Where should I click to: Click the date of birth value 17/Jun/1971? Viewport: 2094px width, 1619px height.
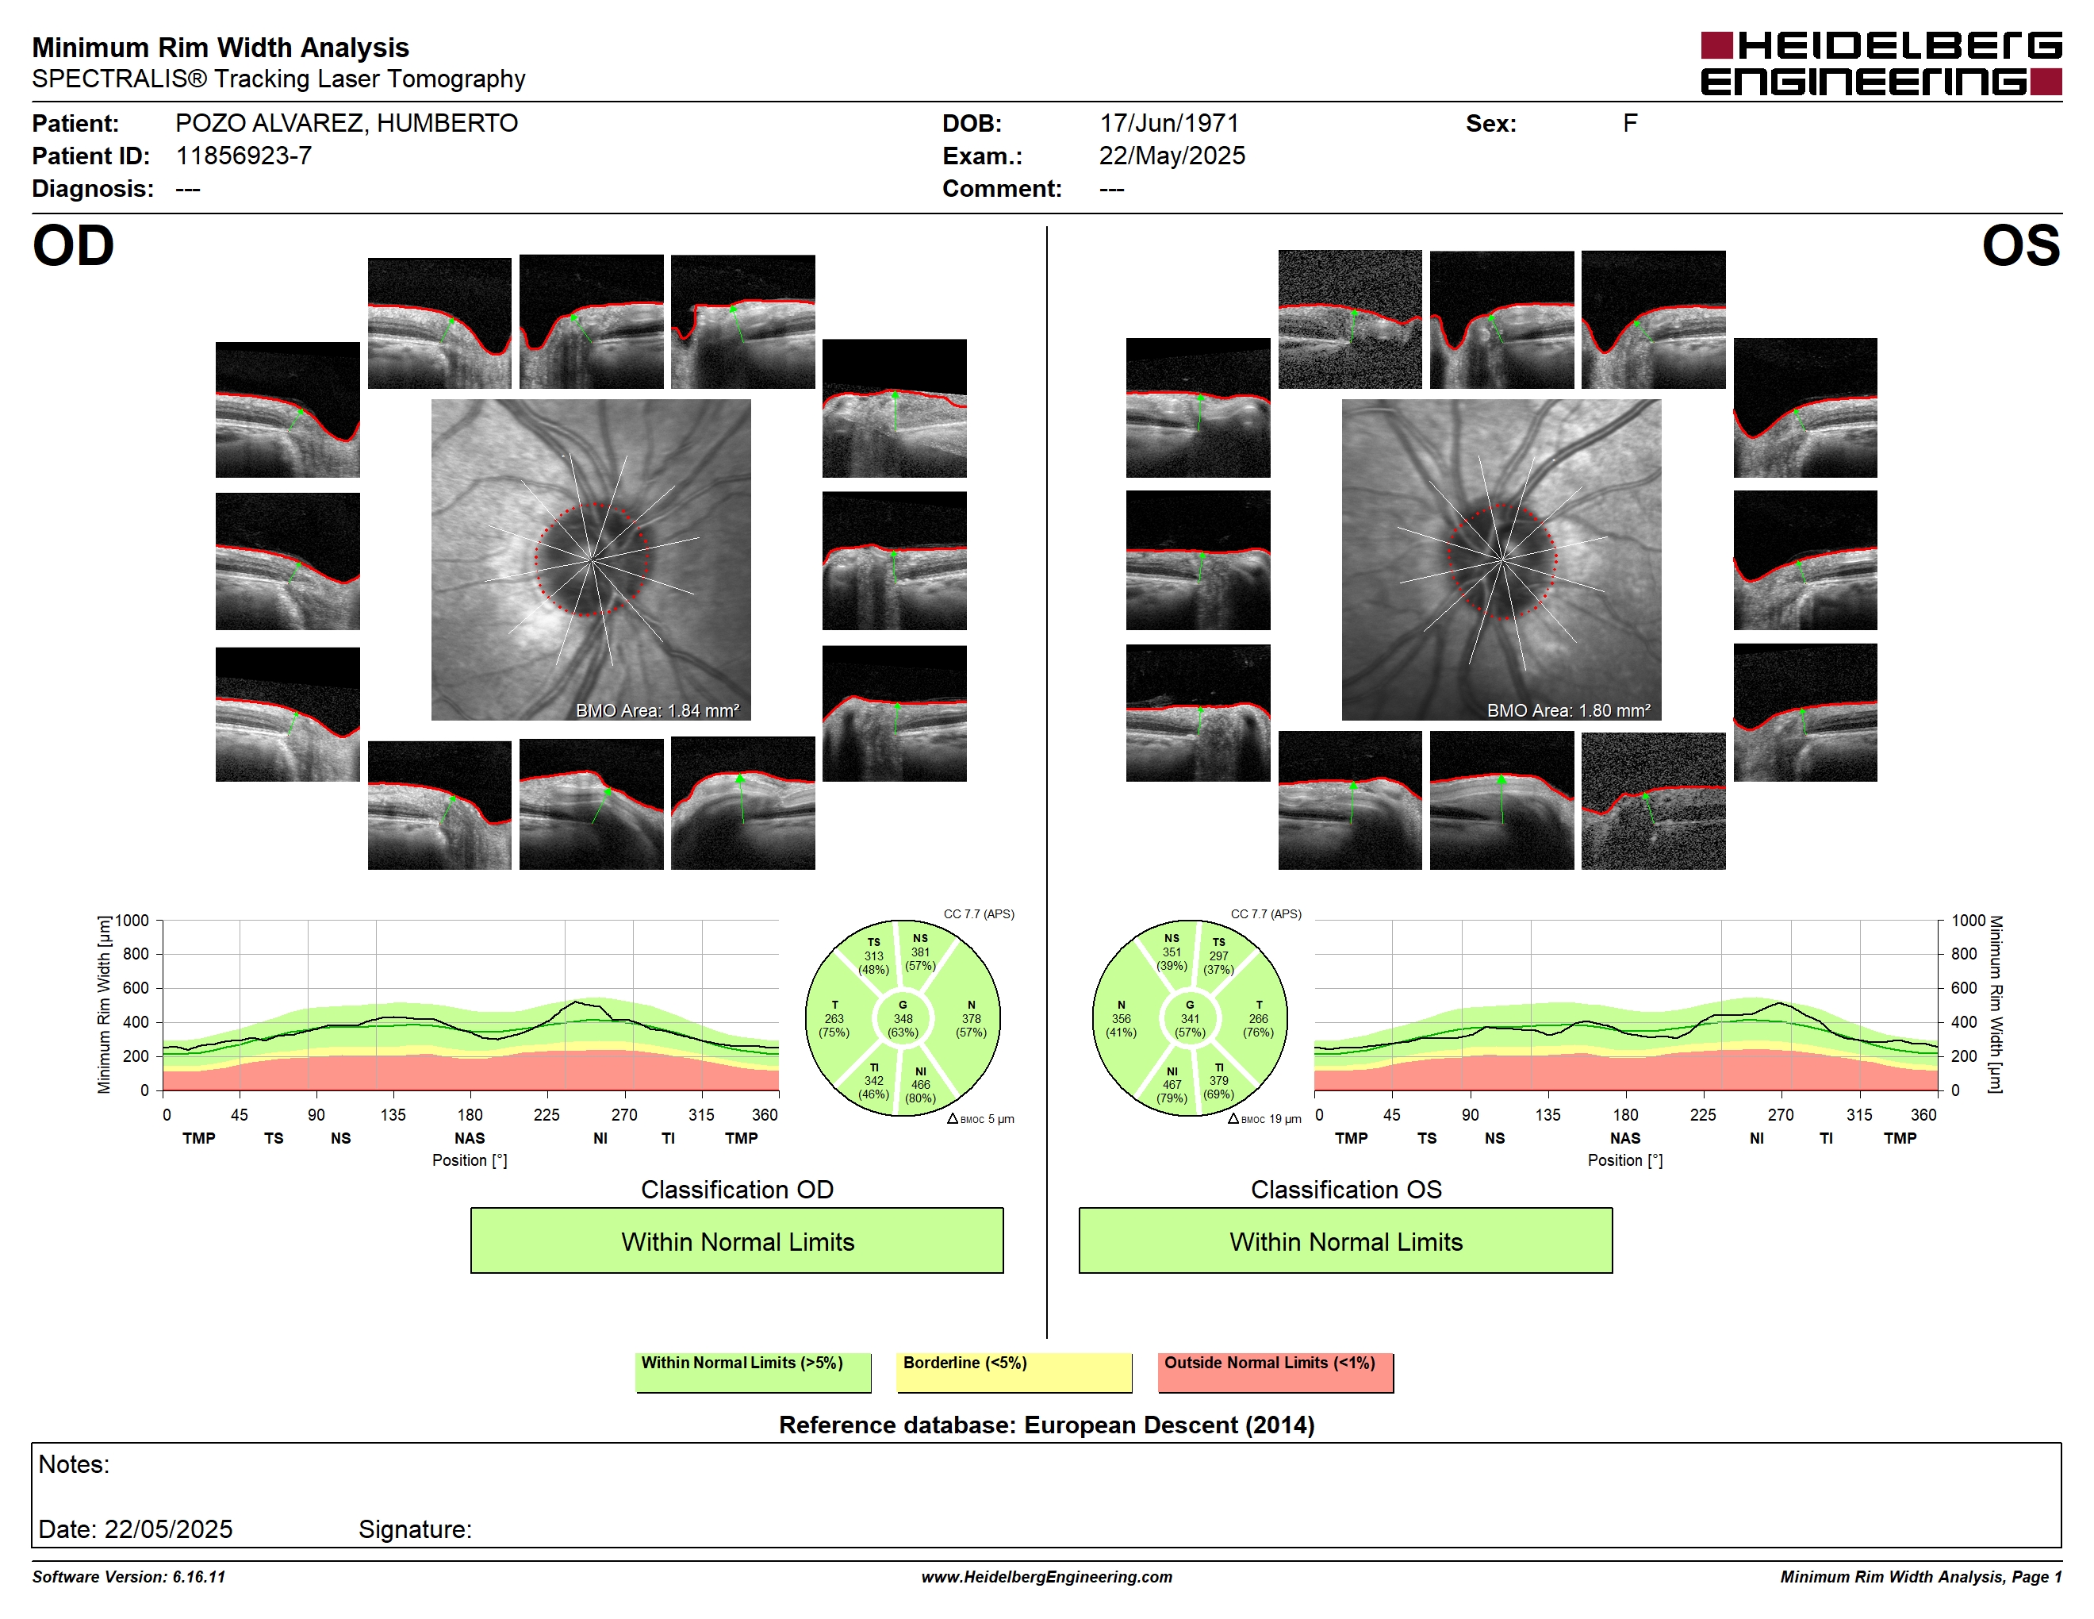1169,124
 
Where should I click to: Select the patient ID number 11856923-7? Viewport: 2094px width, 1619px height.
244,156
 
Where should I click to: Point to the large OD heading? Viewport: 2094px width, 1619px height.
73,247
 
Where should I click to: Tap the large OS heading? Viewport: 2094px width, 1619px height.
2021,247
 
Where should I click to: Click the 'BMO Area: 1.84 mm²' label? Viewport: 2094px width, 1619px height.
658,711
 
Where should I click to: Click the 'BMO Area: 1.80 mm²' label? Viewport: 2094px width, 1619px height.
1569,711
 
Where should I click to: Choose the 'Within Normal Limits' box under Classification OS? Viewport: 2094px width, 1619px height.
1345,1240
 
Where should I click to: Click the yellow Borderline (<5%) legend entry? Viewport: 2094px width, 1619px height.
1014,1371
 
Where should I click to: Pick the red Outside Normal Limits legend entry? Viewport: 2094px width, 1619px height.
1275,1371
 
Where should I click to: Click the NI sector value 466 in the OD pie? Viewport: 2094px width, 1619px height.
920,1085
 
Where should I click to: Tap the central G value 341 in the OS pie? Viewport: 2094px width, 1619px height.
1190,1018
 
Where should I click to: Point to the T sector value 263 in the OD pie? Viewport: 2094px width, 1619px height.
834,1018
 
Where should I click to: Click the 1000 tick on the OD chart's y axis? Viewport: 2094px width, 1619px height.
132,921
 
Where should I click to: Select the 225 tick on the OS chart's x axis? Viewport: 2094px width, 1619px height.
1703,1114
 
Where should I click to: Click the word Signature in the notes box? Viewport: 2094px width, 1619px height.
414,1529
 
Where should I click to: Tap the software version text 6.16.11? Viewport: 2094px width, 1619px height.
198,1577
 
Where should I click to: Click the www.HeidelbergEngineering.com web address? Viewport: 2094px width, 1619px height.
1047,1577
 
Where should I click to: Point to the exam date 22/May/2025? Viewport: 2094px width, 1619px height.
1172,156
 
